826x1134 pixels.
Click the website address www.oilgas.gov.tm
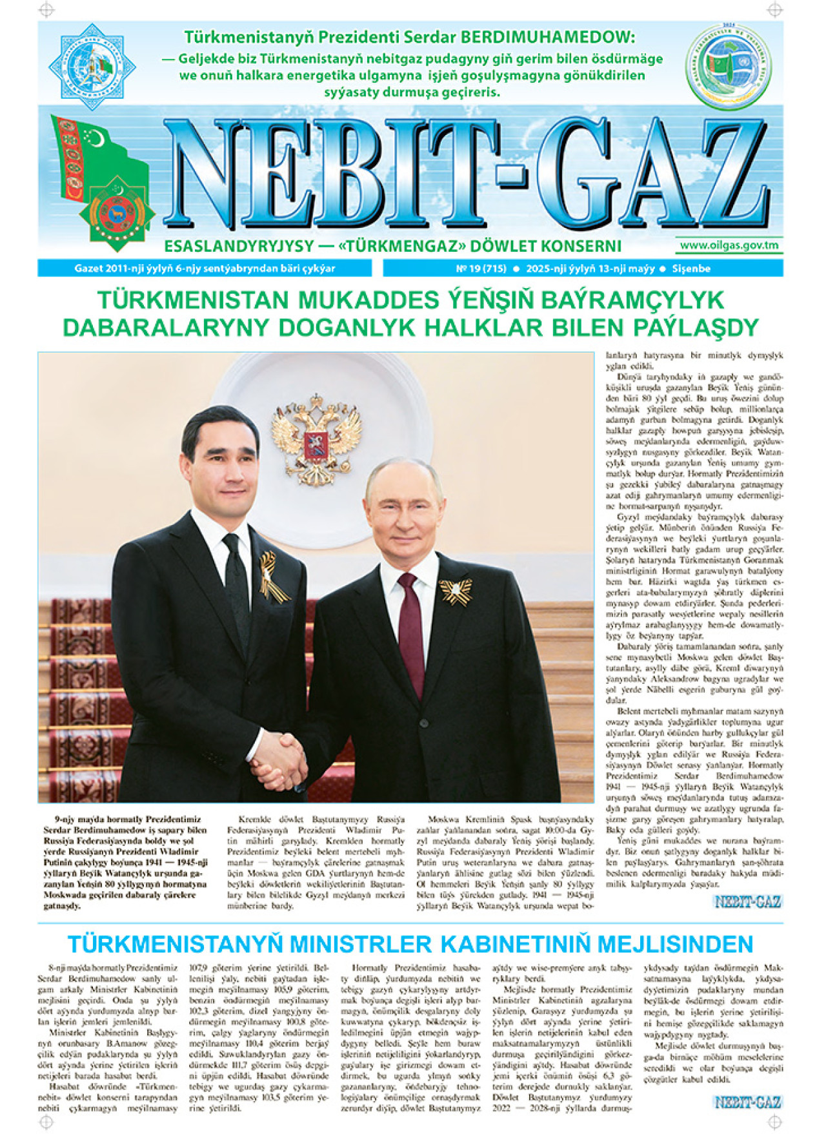click(x=729, y=245)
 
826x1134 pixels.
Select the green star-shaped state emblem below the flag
click(x=117, y=212)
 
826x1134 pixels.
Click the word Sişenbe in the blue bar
click(x=691, y=269)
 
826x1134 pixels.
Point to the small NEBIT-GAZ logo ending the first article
click(x=748, y=902)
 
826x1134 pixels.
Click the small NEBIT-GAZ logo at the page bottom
click(x=748, y=1102)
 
